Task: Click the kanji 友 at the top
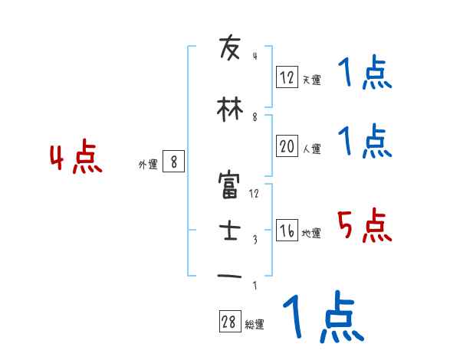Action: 230,49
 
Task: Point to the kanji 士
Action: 230,231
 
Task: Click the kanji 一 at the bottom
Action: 230,276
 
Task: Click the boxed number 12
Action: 287,77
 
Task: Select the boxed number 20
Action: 287,147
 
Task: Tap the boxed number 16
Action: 287,231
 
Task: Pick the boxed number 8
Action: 174,162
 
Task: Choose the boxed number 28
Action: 229,322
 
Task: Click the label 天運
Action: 311,80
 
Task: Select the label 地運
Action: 311,234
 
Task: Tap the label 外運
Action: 148,164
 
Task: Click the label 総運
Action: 255,325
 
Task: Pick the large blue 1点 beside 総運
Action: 322,317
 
